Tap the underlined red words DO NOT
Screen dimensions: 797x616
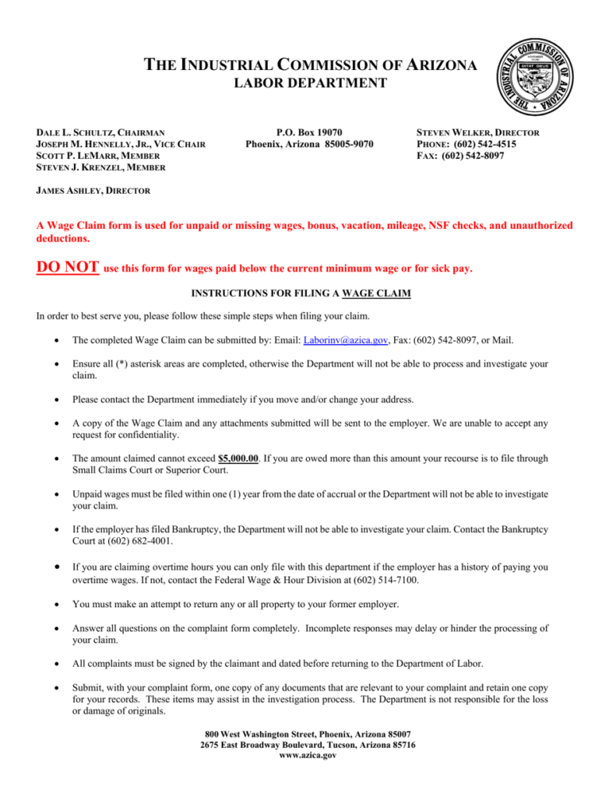point(67,268)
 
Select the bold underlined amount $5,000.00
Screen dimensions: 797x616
point(238,458)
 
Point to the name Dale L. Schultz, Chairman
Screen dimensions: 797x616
point(100,133)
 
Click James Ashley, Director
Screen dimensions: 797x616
point(93,190)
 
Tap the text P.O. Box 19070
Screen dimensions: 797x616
point(309,133)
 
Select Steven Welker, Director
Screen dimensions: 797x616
point(479,133)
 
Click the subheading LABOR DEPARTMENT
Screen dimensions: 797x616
point(311,83)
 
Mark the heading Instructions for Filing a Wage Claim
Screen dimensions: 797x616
point(301,293)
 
